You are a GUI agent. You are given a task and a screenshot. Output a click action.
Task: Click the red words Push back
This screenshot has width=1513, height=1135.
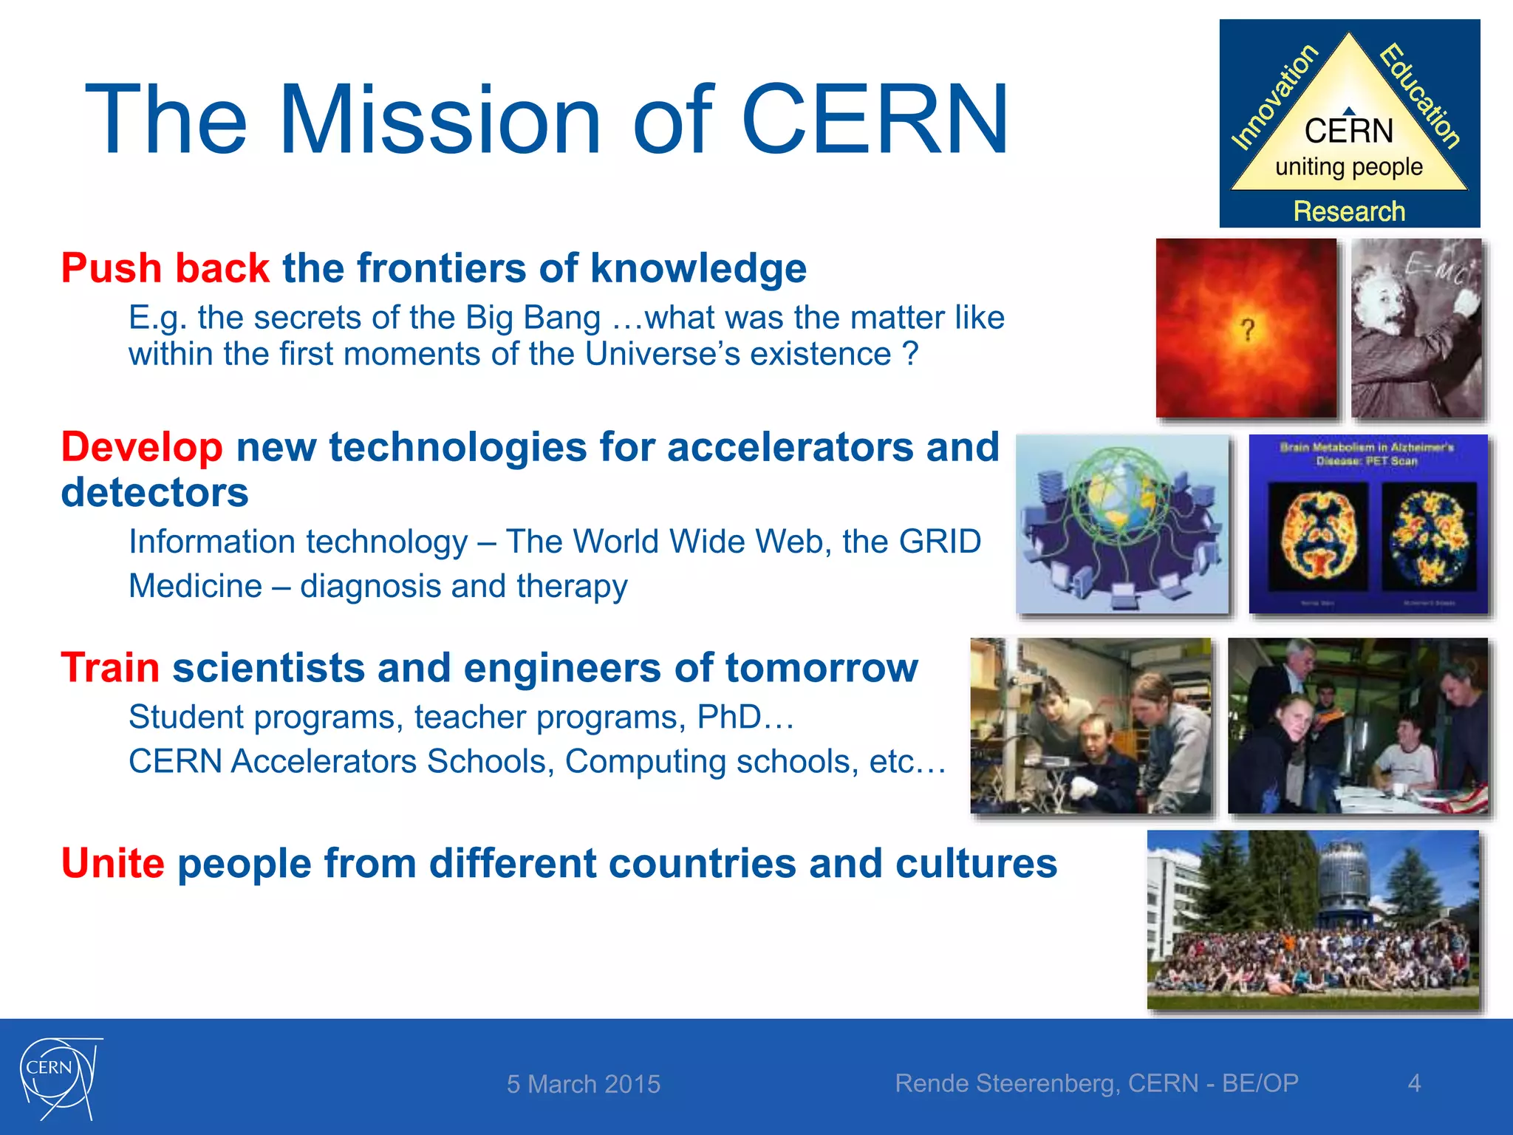point(165,267)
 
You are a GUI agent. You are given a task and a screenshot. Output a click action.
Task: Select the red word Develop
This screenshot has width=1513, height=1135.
point(142,447)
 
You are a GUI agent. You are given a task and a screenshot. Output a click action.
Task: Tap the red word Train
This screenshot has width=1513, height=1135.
point(110,668)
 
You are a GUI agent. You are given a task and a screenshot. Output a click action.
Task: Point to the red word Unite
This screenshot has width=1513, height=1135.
point(112,863)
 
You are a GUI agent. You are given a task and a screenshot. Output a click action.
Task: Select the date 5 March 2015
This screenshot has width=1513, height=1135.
point(584,1084)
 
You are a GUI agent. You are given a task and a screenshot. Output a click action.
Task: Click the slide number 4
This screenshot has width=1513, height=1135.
point(1414,1083)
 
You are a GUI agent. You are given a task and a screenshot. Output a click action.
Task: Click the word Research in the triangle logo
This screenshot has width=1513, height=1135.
point(1349,211)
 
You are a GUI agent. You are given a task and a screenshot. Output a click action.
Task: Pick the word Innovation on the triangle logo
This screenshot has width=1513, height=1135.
point(1274,96)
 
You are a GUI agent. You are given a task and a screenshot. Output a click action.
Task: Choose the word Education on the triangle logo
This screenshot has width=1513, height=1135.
point(1420,96)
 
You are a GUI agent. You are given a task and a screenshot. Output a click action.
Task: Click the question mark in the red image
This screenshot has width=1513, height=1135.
point(1248,330)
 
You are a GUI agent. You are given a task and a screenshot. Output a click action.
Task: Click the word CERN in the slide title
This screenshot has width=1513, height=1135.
point(875,120)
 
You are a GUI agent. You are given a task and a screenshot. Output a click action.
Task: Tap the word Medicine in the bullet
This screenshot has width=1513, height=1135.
point(195,586)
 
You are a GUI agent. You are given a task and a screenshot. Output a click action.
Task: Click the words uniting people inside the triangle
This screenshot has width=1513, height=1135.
point(1349,167)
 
